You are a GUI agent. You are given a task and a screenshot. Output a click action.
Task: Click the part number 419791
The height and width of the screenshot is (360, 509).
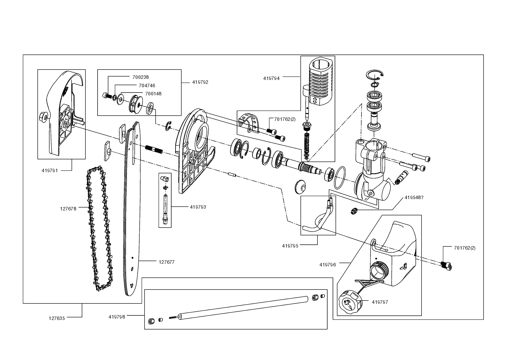tap(50, 171)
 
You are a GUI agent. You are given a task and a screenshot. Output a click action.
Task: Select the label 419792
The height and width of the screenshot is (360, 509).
tap(200, 82)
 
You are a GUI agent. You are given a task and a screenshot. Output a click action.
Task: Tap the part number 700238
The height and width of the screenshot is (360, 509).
tap(141, 77)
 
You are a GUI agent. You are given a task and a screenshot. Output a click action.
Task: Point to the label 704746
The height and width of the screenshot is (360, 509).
tap(147, 86)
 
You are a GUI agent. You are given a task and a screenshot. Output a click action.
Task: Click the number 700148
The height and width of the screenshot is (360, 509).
tap(153, 94)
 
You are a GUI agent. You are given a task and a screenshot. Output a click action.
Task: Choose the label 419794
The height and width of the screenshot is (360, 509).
tap(271, 78)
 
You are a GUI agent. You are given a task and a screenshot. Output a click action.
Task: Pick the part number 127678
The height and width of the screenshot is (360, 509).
tap(68, 209)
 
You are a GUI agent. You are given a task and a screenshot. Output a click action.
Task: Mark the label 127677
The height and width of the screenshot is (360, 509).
tap(167, 262)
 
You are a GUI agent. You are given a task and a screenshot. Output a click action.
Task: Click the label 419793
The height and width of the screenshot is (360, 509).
tap(198, 207)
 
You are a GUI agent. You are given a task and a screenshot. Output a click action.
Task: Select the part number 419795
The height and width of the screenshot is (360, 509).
tap(290, 246)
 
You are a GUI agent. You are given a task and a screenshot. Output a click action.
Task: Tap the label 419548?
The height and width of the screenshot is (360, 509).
tap(414, 198)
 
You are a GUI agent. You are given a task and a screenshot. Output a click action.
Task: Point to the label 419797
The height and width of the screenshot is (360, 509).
tap(380, 302)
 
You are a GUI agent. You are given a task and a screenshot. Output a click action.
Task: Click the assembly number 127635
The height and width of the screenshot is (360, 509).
tap(56, 318)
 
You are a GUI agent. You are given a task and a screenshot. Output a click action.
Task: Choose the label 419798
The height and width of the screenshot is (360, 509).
tap(117, 317)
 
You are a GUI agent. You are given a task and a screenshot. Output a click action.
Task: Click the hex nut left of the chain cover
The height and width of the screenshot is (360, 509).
tap(42, 117)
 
